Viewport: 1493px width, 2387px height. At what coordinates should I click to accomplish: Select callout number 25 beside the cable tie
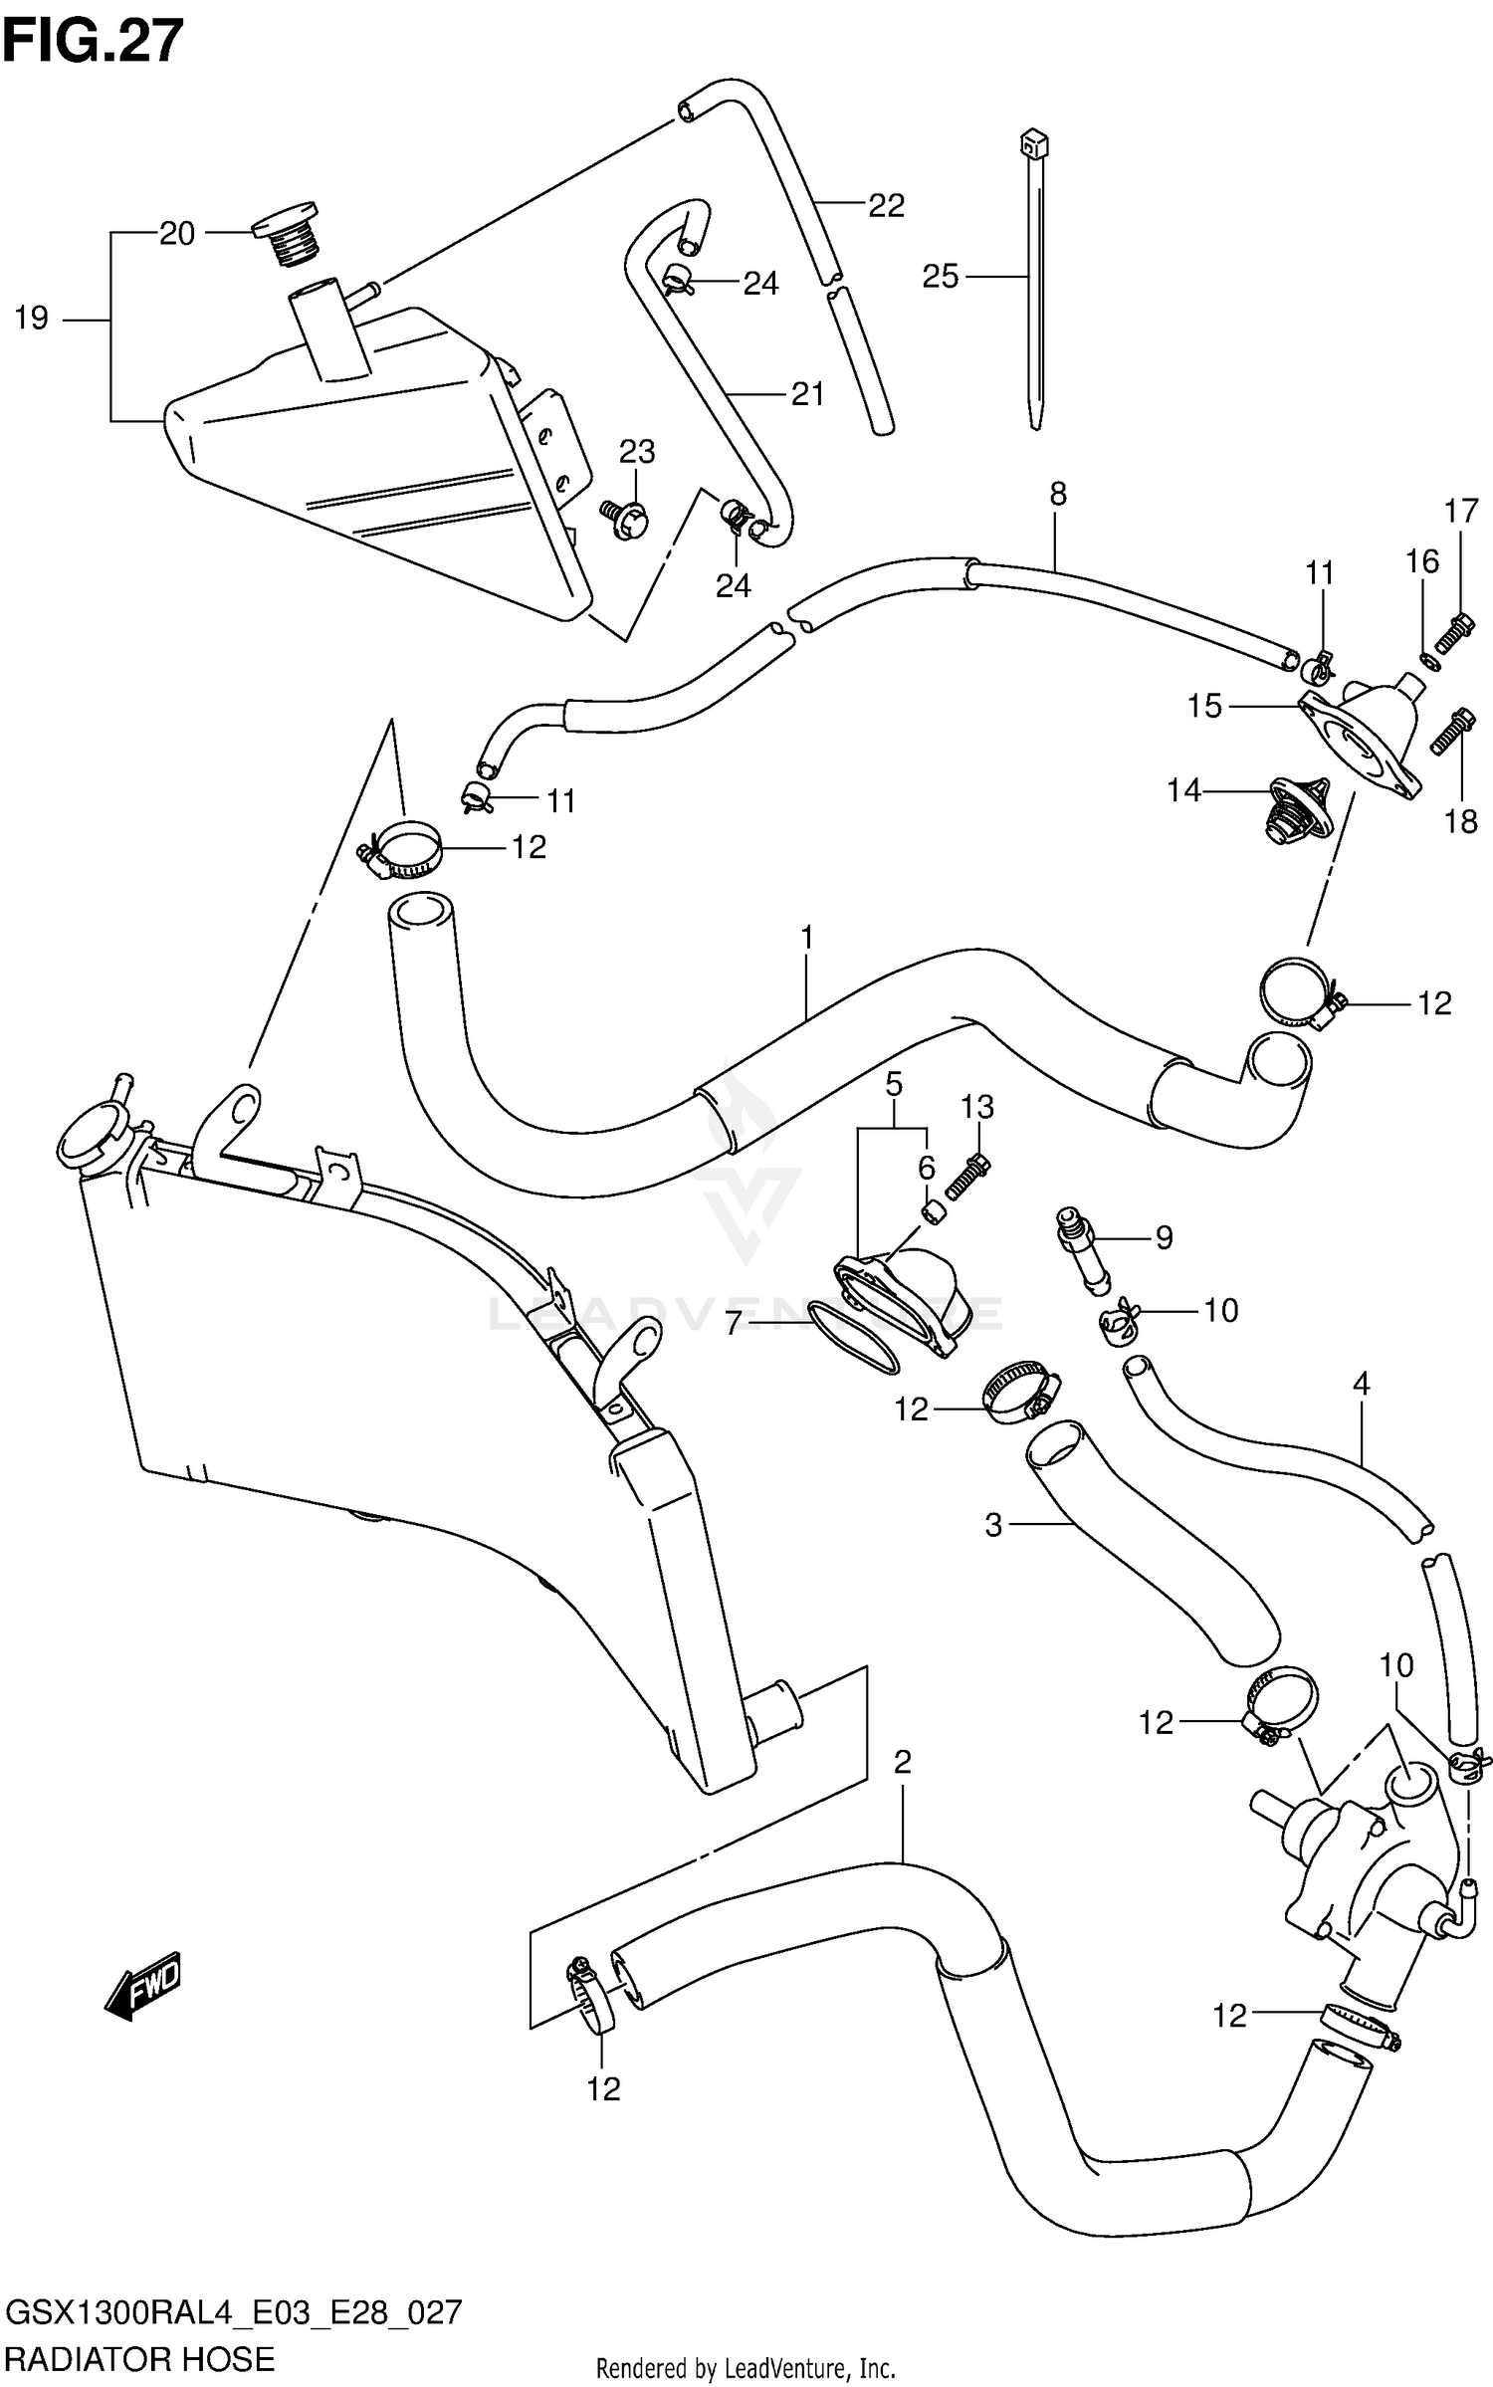point(940,276)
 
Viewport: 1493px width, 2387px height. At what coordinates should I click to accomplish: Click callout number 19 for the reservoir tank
point(32,319)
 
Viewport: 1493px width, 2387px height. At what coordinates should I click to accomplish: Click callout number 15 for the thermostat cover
point(1203,706)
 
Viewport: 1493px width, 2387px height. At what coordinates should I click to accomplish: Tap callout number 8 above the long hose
point(1057,493)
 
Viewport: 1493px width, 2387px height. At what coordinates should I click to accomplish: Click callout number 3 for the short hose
point(992,1525)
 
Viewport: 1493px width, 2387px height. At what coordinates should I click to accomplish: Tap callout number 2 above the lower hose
point(902,1763)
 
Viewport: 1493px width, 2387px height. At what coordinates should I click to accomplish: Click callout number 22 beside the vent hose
point(886,206)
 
